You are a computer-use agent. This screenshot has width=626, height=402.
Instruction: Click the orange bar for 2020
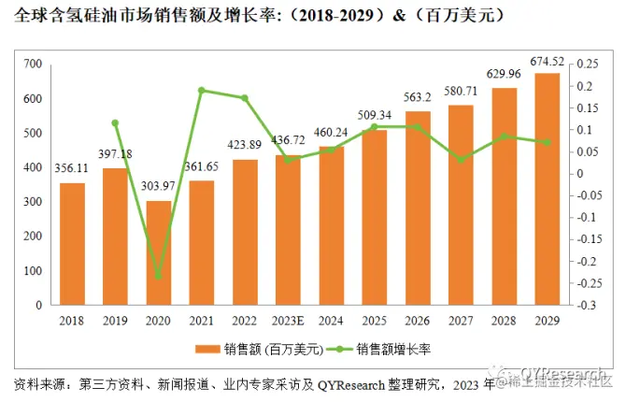click(x=159, y=252)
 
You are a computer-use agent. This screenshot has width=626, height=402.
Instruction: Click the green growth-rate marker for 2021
click(x=202, y=90)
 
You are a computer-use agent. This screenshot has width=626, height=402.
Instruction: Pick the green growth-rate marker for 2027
click(x=460, y=160)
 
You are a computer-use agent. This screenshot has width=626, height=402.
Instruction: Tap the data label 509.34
click(x=374, y=117)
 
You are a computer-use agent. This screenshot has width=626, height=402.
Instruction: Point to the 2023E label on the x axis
click(x=288, y=321)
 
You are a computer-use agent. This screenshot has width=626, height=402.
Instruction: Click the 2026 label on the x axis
click(x=417, y=321)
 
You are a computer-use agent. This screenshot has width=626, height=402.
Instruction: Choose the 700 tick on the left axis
click(x=35, y=64)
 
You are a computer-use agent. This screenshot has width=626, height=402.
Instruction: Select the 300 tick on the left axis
click(x=35, y=202)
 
